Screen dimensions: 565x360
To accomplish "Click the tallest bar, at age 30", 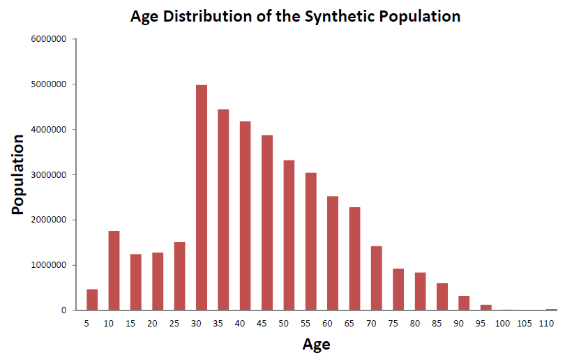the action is coord(202,197).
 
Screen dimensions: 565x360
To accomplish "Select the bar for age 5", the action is coord(92,299).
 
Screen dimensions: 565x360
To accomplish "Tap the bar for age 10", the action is coord(114,271).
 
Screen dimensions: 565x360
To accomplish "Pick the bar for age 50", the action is coord(289,235).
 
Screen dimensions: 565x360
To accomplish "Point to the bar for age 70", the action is coord(376,278).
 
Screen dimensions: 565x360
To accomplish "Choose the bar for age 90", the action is coord(464,303).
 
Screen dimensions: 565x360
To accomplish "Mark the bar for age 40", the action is coord(245,216).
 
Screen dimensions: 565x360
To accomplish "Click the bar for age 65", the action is coord(354,259).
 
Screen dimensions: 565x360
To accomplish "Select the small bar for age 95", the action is coord(485,308).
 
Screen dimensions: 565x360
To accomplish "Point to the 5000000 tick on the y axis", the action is coord(49,84).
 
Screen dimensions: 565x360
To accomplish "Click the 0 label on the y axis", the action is coord(63,310).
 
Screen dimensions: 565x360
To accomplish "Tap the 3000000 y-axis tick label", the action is coord(49,175).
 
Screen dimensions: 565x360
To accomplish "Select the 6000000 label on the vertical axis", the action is coord(49,39).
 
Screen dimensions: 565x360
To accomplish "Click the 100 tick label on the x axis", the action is coord(502,324).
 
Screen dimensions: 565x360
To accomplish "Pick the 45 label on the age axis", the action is coord(262,324).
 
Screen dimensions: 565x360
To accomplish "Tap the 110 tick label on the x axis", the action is coord(546,324).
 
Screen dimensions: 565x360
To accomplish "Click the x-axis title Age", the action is coord(317,345).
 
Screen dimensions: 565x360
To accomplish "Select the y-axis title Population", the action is coord(17,175).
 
